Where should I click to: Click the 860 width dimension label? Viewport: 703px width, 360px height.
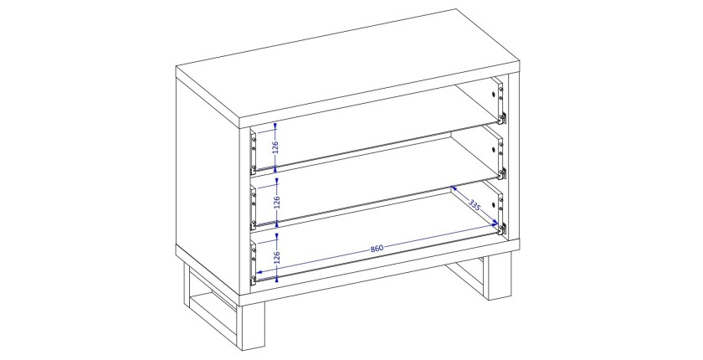(377, 248)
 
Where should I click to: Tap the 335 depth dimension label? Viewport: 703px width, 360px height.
(475, 205)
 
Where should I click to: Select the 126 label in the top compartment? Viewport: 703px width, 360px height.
(275, 147)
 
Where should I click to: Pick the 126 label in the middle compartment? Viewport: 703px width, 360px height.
(277, 203)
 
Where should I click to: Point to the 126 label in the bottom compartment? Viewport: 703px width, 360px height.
(277, 257)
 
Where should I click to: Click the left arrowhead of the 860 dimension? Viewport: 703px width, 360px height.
(259, 272)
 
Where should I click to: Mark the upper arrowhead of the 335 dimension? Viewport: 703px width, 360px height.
(454, 189)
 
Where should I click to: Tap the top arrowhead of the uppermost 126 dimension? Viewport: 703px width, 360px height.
(275, 126)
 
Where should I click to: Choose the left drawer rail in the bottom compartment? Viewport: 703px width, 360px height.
(254, 262)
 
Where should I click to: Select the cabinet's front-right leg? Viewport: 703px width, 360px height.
(500, 275)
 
